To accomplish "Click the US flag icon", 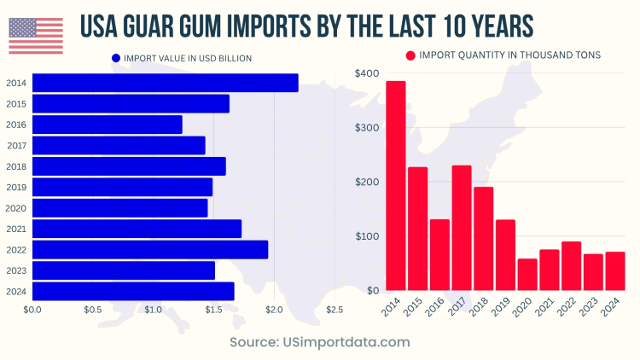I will (x=36, y=35).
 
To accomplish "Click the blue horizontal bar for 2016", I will (x=107, y=125).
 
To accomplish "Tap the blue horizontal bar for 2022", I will (x=149, y=249).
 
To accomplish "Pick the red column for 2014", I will (x=396, y=186).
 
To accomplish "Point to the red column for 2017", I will (x=462, y=228).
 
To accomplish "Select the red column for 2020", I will (x=527, y=275).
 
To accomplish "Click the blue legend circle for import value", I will (x=116, y=58).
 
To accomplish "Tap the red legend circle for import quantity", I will (x=410, y=55).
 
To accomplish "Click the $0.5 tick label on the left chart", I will (x=92, y=309).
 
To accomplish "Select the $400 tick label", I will (x=367, y=73).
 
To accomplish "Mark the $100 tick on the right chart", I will (x=367, y=236).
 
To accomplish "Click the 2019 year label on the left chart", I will (x=15, y=187).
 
